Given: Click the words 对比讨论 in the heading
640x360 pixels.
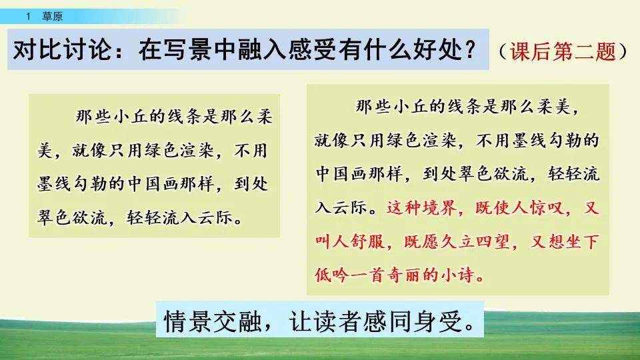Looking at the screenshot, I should point(54,50).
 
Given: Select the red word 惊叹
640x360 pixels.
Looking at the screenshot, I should point(549,208).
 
